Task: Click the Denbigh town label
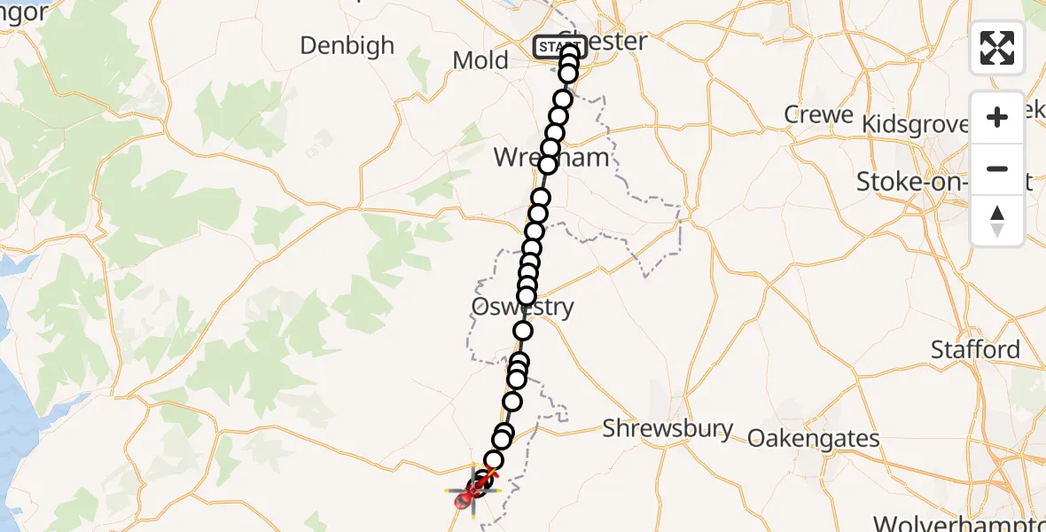[x=347, y=46]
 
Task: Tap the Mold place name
[x=480, y=60]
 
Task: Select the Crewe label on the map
[x=818, y=115]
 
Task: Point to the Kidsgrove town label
[x=916, y=124]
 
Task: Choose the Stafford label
[x=975, y=349]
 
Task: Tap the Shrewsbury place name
[x=667, y=429]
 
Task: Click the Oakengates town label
[x=814, y=438]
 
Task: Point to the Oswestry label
[x=522, y=309]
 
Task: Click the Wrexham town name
[x=551, y=159]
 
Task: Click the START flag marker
[x=558, y=46]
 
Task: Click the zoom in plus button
[x=997, y=117]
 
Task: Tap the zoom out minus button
[x=997, y=168]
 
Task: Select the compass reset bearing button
[x=997, y=221]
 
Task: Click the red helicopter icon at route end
[x=469, y=496]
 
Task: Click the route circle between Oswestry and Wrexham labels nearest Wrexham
[x=540, y=198]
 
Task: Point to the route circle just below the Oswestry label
[x=523, y=331]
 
